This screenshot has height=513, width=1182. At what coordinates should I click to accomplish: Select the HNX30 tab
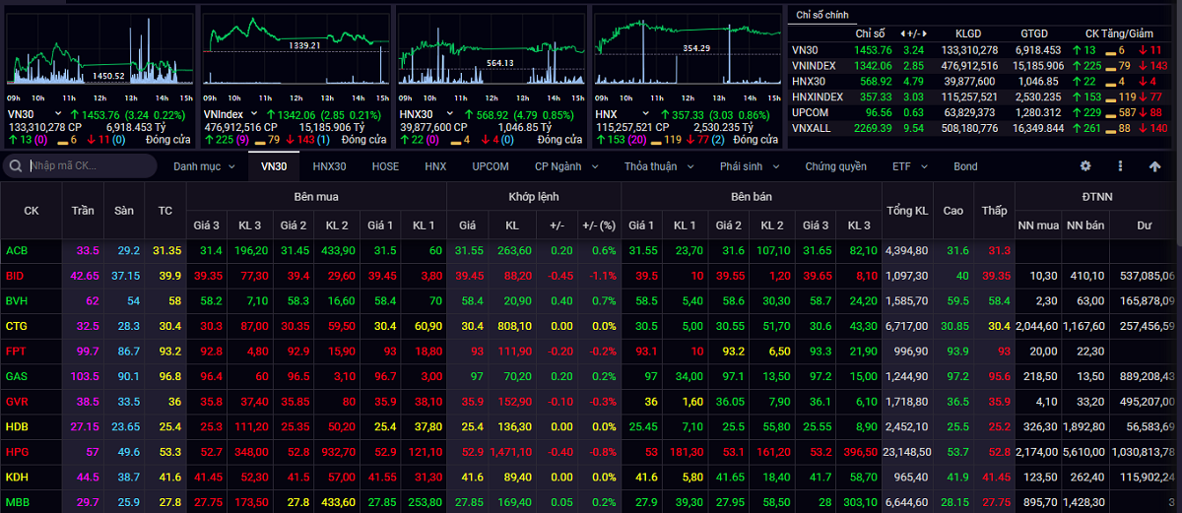(329, 166)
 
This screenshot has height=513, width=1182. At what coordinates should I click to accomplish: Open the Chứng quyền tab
(836, 166)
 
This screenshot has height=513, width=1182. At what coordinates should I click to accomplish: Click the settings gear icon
(1085, 166)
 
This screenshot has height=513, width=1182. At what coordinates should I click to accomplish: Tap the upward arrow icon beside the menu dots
(1155, 166)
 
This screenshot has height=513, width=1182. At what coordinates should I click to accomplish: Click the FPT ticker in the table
(16, 352)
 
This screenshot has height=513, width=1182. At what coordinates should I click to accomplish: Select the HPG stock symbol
(17, 452)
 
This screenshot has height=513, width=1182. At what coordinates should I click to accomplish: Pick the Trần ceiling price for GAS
(85, 376)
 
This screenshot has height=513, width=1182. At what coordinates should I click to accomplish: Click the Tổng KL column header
(907, 211)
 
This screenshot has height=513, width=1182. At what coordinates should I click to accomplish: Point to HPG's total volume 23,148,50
(907, 452)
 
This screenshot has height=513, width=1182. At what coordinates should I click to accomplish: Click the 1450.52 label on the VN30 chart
(108, 76)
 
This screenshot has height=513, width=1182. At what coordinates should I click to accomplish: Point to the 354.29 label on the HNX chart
(696, 48)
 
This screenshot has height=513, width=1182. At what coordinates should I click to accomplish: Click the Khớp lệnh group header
(534, 197)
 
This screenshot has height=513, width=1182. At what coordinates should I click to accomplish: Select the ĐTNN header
(1097, 197)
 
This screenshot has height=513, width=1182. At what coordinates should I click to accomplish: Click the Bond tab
(965, 166)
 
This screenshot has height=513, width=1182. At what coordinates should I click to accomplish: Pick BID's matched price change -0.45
(560, 276)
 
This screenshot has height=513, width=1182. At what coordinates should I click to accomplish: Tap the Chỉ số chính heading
(822, 15)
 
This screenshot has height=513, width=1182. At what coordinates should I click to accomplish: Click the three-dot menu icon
(1120, 166)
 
